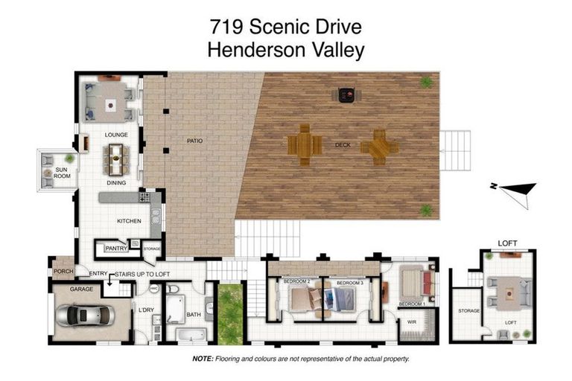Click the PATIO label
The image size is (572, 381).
coord(194,140)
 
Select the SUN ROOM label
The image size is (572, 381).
coord(54,173)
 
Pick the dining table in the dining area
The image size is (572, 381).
coord(115,157)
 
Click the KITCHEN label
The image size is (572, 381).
coord(129,221)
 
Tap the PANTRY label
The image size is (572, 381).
coord(115,249)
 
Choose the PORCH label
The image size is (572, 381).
coord(62,272)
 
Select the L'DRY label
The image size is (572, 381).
coord(146,310)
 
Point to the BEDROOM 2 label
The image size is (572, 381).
coord(296,283)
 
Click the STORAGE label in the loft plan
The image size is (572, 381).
coord(468,311)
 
